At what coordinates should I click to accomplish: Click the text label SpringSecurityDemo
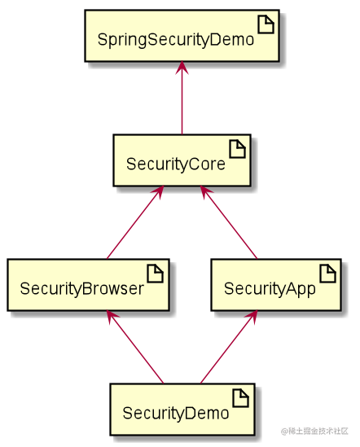[175, 40]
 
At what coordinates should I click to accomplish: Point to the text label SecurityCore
[175, 164]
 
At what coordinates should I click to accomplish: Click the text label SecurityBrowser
[81, 288]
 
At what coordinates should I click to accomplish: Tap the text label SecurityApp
[270, 288]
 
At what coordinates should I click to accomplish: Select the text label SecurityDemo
[176, 413]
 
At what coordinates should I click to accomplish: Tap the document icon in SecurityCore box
[236, 149]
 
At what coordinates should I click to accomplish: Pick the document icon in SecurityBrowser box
[155, 274]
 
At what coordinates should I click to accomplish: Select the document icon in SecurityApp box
[326, 274]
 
